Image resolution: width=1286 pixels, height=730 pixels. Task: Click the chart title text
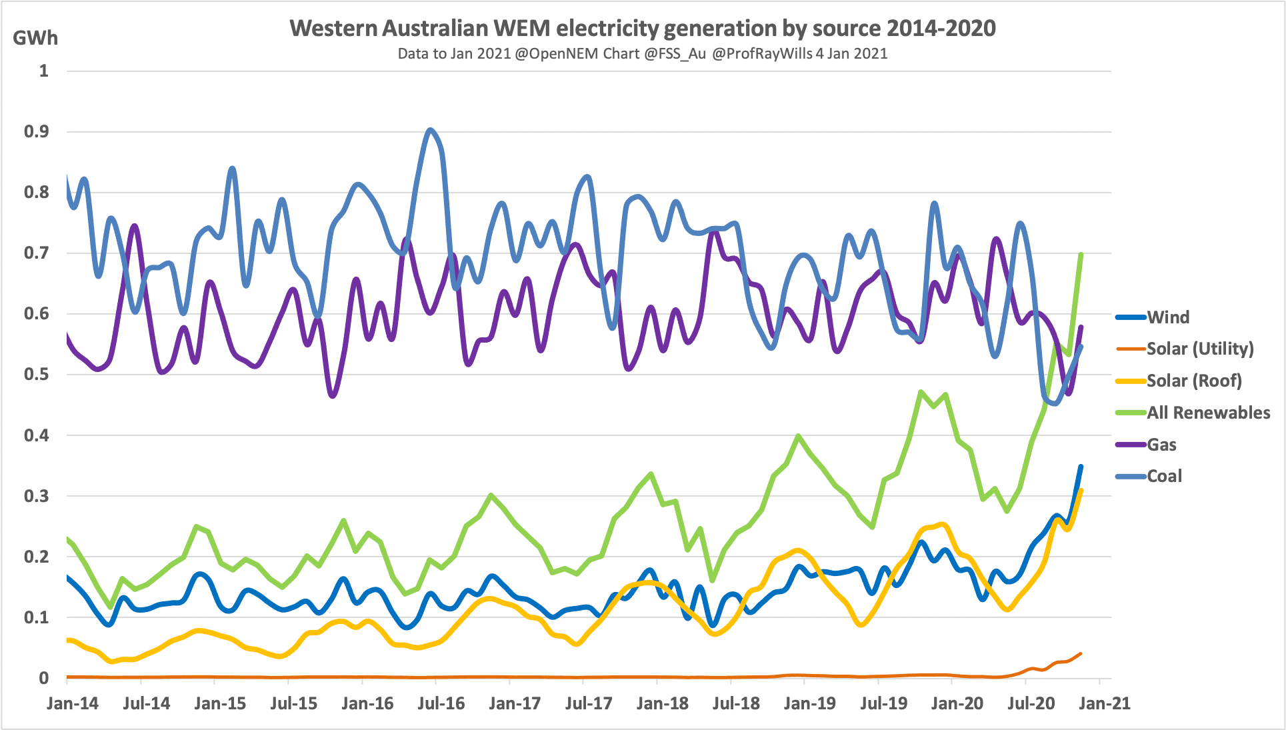642,28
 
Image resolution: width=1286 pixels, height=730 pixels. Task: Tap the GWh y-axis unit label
35,38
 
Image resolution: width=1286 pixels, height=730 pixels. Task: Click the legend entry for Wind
1167,317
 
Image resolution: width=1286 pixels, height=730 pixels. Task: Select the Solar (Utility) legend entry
1199,349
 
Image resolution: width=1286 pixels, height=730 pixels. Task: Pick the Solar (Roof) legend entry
1193,381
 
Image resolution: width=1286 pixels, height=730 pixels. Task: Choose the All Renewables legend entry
1208,413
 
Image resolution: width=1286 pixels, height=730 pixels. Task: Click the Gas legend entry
1161,445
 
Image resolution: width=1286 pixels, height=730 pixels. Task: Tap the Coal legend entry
1164,476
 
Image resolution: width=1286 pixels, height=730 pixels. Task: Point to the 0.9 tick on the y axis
36,131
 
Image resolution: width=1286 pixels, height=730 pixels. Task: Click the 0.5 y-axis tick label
36,374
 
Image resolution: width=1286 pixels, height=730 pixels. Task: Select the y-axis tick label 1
44,71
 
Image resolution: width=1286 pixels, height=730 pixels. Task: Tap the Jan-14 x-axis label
72,703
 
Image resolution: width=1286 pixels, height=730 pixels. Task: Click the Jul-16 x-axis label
441,703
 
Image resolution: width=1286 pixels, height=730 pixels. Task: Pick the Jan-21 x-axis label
1105,703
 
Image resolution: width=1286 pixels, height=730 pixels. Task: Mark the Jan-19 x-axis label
809,703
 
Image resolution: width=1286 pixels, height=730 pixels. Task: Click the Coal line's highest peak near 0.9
430,130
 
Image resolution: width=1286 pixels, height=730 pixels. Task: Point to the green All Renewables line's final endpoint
1081,254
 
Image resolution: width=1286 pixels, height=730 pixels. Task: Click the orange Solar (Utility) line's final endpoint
1081,653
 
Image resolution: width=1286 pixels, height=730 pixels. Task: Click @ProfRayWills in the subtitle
762,53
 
